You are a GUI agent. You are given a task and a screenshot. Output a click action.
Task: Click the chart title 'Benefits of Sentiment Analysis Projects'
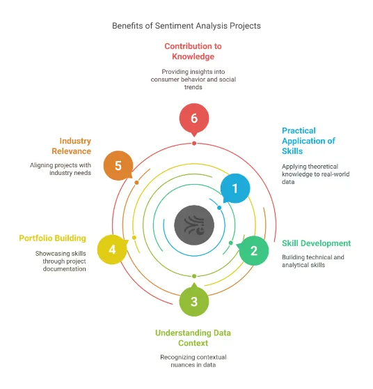(186, 26)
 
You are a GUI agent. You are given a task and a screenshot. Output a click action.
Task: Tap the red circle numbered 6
(193, 119)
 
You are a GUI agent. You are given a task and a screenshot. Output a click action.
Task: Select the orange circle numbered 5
(118, 166)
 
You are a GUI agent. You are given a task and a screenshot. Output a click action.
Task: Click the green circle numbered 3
(193, 301)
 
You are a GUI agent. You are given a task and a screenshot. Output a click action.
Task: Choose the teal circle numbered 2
(254, 250)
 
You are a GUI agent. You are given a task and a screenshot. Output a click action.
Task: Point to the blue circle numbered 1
(235, 188)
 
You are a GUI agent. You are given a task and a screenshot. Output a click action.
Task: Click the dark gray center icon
(193, 224)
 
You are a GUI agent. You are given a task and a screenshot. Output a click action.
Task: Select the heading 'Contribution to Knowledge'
(193, 52)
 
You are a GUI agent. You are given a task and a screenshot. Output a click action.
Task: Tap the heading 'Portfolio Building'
(53, 238)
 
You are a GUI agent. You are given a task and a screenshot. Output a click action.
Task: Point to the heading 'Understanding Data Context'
(193, 338)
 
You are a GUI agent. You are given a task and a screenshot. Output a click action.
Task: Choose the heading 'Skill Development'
(316, 243)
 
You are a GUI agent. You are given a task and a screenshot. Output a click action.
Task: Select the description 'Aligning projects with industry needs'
(61, 169)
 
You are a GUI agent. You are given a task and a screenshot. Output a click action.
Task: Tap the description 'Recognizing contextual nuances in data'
(193, 361)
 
